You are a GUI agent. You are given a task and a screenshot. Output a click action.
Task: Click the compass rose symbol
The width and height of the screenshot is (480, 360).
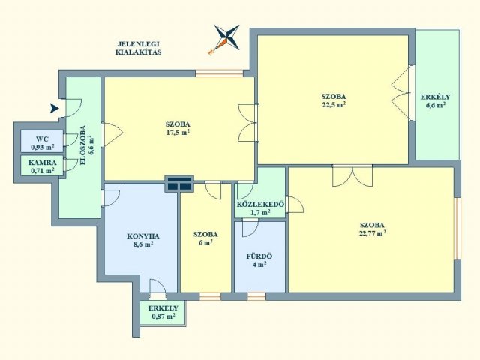pyautogui.click(x=226, y=39)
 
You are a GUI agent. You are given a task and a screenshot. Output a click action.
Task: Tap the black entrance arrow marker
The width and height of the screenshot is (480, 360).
pyautogui.click(x=54, y=108)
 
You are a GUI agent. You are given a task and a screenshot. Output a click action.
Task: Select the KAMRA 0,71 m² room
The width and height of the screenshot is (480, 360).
pyautogui.click(x=42, y=166)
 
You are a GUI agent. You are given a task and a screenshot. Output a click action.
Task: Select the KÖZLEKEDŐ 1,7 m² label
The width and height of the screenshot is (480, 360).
pyautogui.click(x=260, y=208)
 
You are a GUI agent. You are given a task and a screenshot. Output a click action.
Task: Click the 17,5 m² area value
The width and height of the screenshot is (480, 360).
pyautogui.click(x=178, y=132)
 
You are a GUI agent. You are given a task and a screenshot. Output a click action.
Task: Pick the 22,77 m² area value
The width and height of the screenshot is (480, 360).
pyautogui.click(x=372, y=233)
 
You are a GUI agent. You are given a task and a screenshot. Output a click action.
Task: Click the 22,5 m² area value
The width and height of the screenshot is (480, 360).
pyautogui.click(x=333, y=104)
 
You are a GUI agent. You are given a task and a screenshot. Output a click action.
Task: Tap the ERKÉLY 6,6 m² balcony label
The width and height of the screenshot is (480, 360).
pyautogui.click(x=435, y=100)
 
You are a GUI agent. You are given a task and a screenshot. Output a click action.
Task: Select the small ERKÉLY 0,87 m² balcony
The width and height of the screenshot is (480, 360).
pyautogui.click(x=163, y=313)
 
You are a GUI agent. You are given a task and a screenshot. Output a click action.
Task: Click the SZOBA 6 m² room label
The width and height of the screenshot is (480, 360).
pyautogui.click(x=205, y=238)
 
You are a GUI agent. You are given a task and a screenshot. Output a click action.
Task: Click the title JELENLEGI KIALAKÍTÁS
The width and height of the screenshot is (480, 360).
pyautogui.click(x=138, y=48)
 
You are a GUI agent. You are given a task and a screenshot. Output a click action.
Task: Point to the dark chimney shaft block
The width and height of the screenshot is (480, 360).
pyautogui.click(x=179, y=184)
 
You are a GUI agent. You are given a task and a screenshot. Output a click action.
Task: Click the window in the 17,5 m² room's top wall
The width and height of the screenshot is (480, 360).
pyautogui.click(x=220, y=73)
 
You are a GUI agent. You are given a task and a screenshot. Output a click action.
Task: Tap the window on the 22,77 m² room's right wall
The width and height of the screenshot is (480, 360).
pyautogui.click(x=457, y=228)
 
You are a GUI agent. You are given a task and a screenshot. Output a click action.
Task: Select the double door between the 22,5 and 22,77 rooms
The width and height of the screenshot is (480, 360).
pyautogui.click(x=352, y=175)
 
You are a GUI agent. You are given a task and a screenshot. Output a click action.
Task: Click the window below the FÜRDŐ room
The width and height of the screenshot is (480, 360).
pyautogui.click(x=256, y=296)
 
